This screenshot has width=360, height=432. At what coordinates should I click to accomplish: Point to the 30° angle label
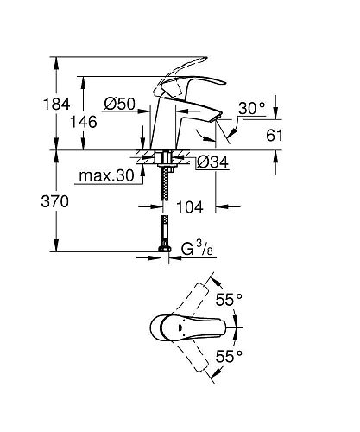click(252, 108)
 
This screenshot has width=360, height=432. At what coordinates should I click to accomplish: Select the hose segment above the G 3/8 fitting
click(163, 235)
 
